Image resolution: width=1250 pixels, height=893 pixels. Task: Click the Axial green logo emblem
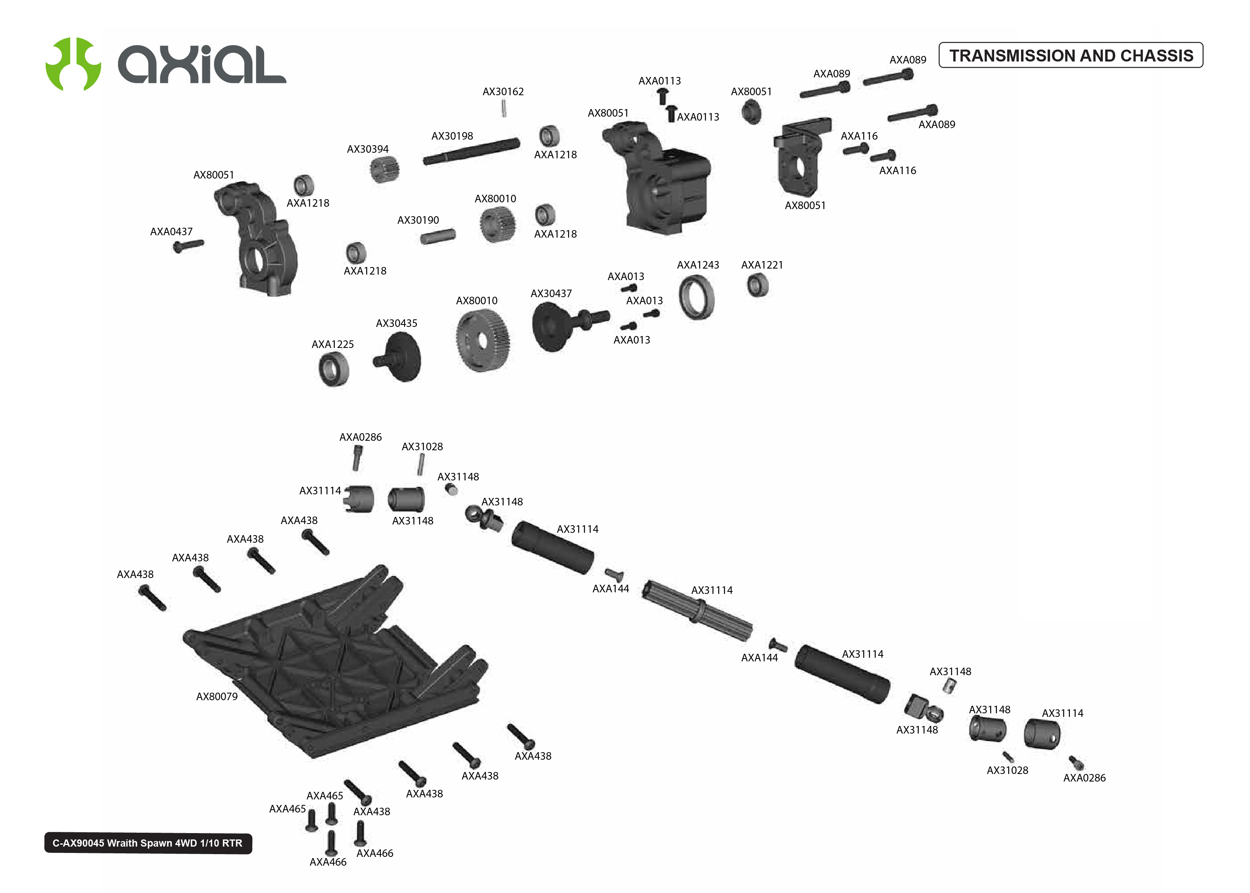(73, 64)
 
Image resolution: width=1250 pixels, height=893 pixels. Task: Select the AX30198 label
(451, 136)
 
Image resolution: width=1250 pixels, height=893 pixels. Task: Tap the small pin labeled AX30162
(503, 109)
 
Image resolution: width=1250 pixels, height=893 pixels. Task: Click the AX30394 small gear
(384, 169)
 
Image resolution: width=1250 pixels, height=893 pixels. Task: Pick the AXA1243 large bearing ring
(697, 298)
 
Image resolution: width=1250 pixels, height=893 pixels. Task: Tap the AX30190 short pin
(437, 237)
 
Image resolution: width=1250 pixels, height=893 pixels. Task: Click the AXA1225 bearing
(334, 369)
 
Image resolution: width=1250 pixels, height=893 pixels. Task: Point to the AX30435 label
(396, 323)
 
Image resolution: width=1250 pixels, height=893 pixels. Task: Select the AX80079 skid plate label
(217, 697)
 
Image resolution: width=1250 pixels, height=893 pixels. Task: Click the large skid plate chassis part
(335, 665)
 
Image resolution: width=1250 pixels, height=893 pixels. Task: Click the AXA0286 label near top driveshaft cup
(360, 437)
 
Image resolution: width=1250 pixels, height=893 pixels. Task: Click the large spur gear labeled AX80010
(483, 340)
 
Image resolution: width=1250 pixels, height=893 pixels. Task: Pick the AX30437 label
(550, 294)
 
